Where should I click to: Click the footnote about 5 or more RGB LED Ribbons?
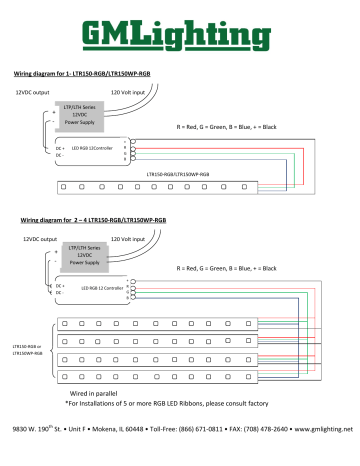[x=181, y=405]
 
